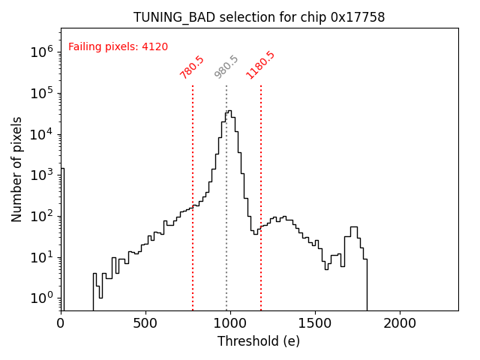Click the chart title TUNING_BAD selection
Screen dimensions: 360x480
pyautogui.click(x=259, y=17)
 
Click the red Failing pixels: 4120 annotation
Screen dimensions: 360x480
pyautogui.click(x=118, y=47)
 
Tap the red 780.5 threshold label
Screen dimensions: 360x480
pyautogui.click(x=192, y=67)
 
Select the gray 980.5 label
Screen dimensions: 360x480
pyautogui.click(x=226, y=67)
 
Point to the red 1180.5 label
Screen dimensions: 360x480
pyautogui.click(x=260, y=65)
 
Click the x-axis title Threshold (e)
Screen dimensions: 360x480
pyautogui.click(x=259, y=341)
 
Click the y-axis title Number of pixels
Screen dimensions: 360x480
pyautogui.click(x=17, y=169)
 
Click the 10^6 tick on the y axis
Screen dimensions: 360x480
pyautogui.click(x=40, y=52)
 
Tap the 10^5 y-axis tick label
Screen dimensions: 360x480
pyautogui.click(x=40, y=93)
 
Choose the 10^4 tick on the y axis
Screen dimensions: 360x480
pyautogui.click(x=40, y=134)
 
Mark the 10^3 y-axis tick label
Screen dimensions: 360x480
pyautogui.click(x=40, y=175)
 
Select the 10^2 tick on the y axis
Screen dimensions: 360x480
pyautogui.click(x=40, y=216)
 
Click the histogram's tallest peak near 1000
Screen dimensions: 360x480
pyautogui.click(x=229, y=112)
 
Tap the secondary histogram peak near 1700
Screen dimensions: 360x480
pyautogui.click(x=353, y=228)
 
